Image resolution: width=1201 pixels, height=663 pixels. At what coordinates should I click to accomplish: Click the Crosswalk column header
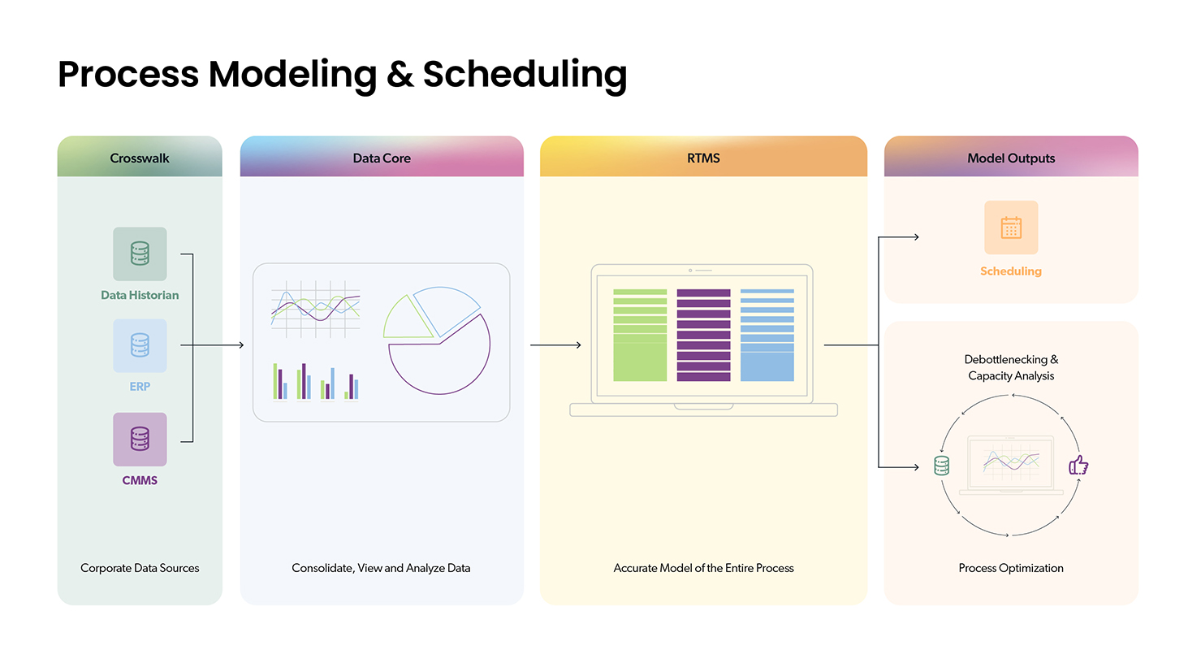pyautogui.click(x=140, y=158)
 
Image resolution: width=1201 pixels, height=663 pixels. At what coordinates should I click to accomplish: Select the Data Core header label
pyautogui.click(x=382, y=158)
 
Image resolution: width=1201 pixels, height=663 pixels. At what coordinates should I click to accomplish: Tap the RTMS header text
pyautogui.click(x=703, y=158)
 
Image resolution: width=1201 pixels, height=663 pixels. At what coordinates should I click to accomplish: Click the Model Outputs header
pyautogui.click(x=1011, y=158)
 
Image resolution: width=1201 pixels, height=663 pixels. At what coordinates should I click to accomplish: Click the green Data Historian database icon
pyautogui.click(x=140, y=253)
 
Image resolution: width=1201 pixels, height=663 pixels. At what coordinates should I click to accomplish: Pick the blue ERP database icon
pyautogui.click(x=140, y=346)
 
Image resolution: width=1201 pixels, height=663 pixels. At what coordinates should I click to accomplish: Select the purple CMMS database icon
pyautogui.click(x=140, y=440)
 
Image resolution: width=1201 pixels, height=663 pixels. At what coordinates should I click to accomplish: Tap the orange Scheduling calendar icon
pyautogui.click(x=1011, y=227)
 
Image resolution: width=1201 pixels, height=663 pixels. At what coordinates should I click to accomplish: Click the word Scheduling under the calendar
pyautogui.click(x=1011, y=271)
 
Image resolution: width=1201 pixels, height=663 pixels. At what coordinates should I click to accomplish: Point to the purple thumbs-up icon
pyautogui.click(x=1078, y=465)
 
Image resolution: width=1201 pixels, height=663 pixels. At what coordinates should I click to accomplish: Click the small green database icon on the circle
pyautogui.click(x=941, y=466)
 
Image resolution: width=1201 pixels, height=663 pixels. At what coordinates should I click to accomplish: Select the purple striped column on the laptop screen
pyautogui.click(x=703, y=336)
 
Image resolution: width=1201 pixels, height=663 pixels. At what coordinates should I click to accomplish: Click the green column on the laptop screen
pyautogui.click(x=640, y=336)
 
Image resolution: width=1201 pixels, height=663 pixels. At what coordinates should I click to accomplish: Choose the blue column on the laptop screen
pyautogui.click(x=767, y=336)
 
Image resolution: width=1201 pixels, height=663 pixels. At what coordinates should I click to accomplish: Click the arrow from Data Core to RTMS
pyautogui.click(x=555, y=345)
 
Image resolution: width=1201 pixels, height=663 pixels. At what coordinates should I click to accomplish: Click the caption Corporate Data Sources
pyautogui.click(x=140, y=568)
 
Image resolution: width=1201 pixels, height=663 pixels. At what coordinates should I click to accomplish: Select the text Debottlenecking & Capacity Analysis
pyautogui.click(x=1011, y=367)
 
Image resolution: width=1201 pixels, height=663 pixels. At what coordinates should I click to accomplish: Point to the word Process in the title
pyautogui.click(x=128, y=75)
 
